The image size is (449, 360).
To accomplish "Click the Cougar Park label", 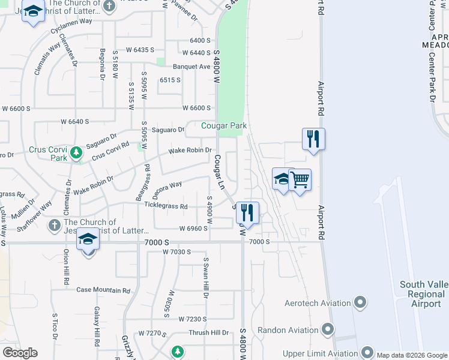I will (x=223, y=125).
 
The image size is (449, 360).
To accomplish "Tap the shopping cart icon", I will (x=300, y=179).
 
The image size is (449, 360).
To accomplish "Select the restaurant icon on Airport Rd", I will (x=313, y=139).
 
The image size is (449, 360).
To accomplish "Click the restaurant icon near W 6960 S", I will (x=247, y=212).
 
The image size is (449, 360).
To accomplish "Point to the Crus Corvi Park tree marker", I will (x=76, y=152).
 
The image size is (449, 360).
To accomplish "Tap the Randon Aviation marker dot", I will (x=328, y=329).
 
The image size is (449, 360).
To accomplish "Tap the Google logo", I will (x=20, y=353).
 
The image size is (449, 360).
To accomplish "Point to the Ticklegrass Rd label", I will (x=166, y=206).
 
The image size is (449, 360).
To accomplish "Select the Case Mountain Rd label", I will (x=103, y=290).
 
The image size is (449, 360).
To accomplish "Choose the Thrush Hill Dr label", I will (x=209, y=332).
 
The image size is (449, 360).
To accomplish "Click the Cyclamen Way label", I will (x=71, y=20).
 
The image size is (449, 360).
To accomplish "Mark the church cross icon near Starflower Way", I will (x=54, y=226).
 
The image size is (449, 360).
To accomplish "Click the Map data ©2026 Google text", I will (x=412, y=355).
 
